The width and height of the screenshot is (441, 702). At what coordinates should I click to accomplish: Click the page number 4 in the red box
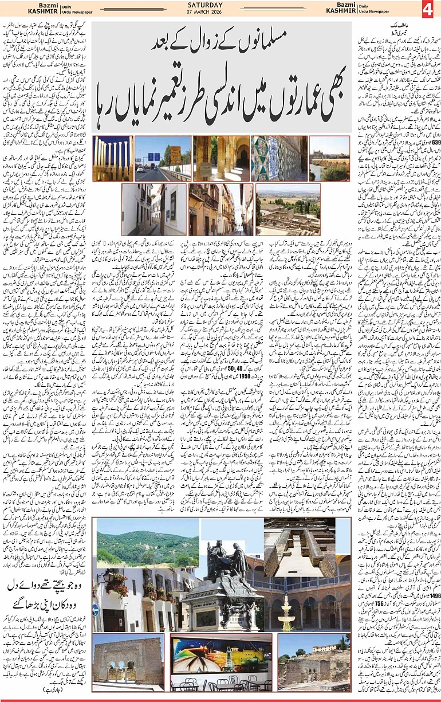[x=430, y=11]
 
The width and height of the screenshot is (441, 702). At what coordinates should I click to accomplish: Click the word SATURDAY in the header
[x=220, y=5]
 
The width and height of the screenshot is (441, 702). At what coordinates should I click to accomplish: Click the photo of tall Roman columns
[x=112, y=159]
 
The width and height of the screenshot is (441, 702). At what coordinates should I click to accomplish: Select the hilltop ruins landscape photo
[x=288, y=209]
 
